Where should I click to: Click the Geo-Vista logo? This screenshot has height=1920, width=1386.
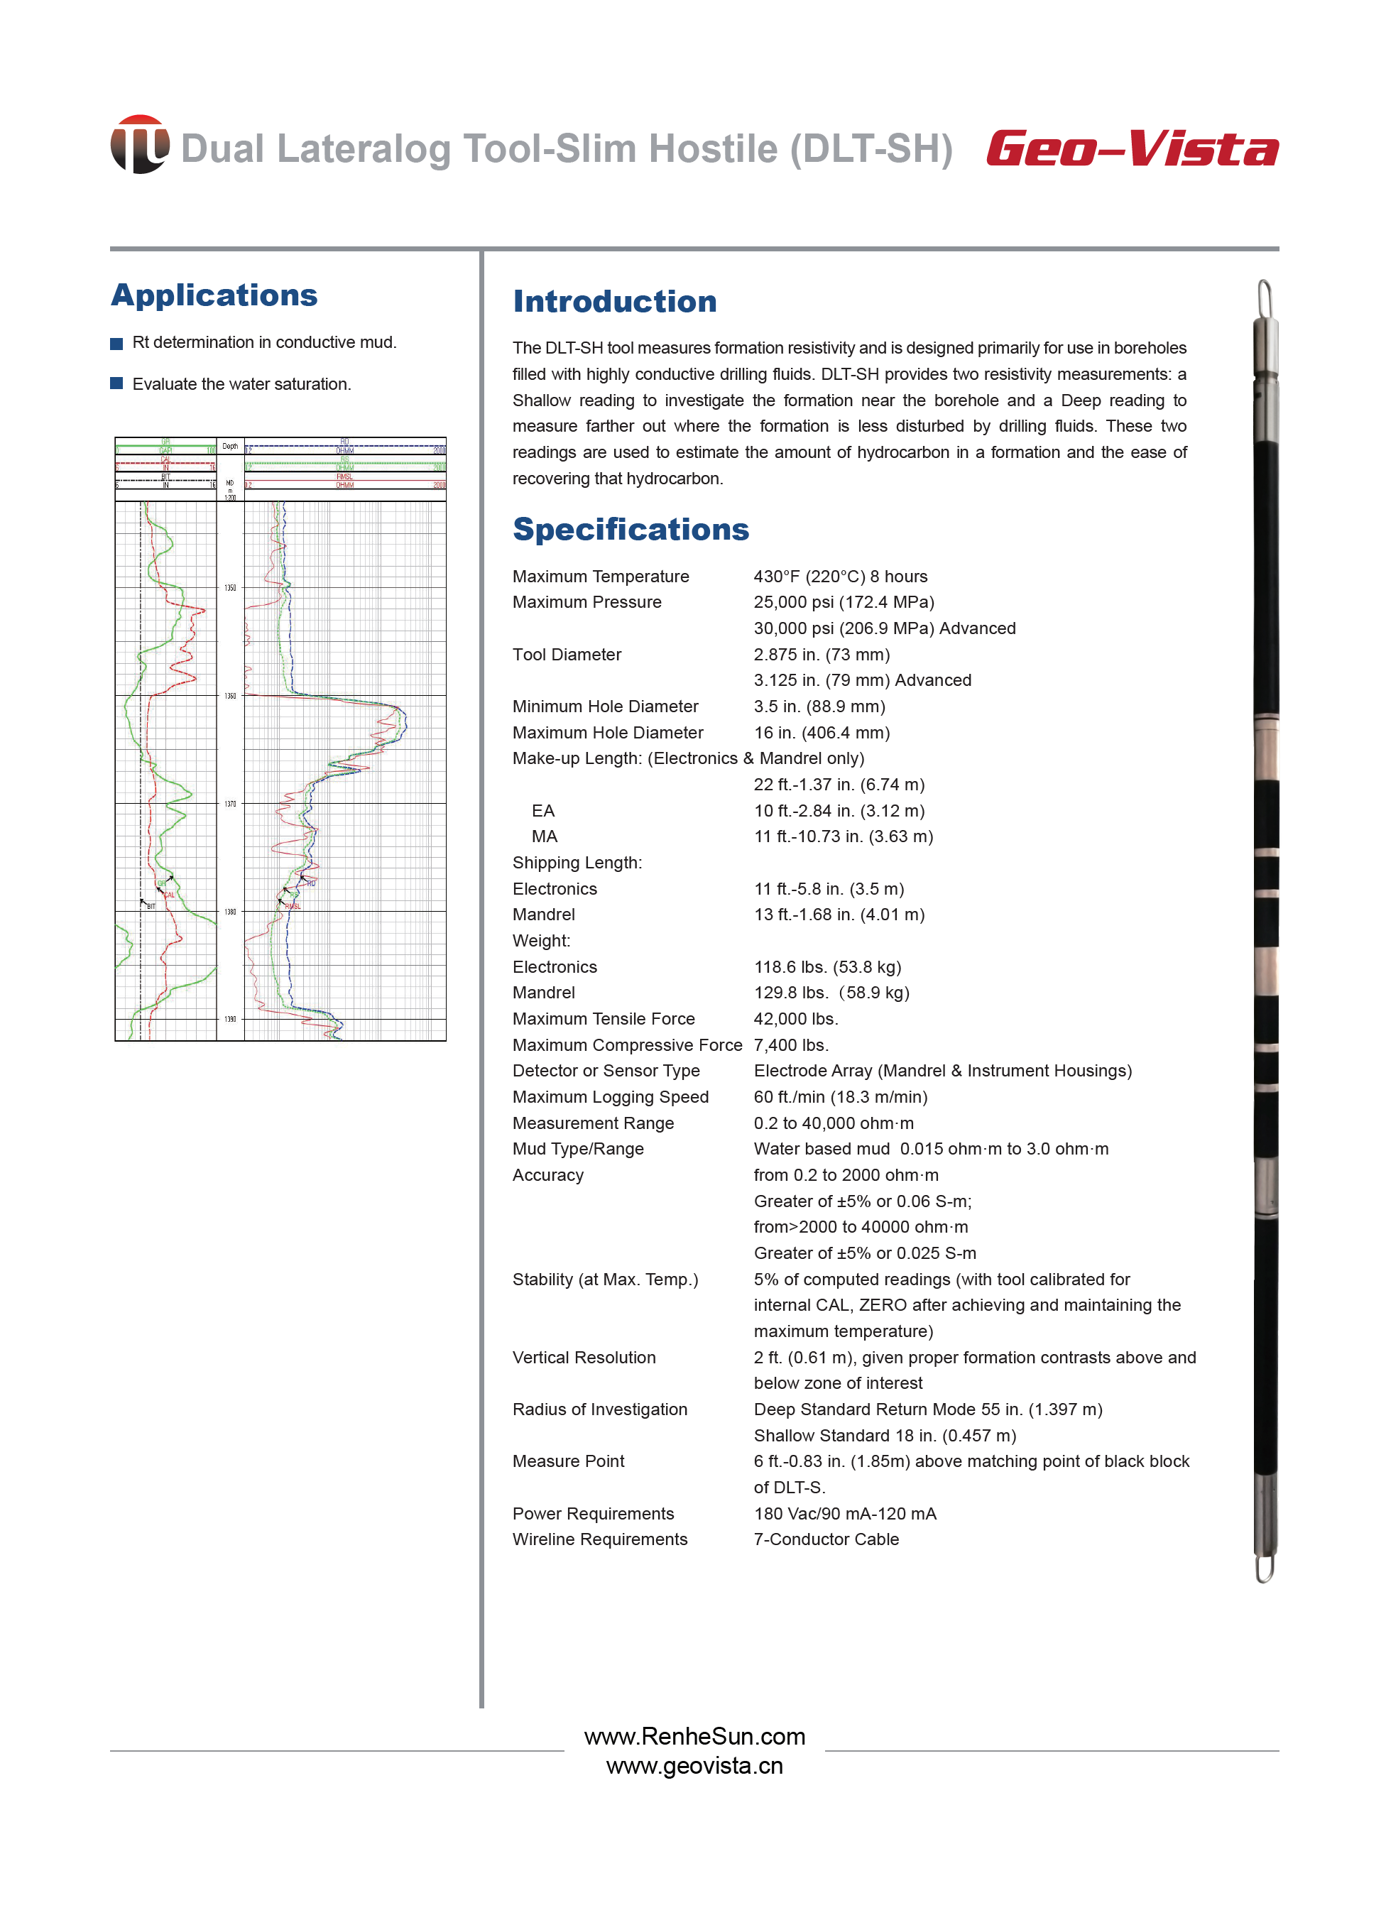pos(1131,148)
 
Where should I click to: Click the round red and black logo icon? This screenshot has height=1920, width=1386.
pos(139,145)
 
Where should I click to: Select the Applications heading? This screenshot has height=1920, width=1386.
pos(214,295)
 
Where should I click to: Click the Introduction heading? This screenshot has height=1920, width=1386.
pos(615,301)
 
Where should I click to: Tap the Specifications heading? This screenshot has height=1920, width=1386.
pos(631,529)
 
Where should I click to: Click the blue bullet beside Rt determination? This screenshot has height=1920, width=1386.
pos(117,343)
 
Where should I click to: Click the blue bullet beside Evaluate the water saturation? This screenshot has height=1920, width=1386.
pos(117,383)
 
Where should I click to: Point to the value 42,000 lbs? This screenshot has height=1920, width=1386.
pos(795,1018)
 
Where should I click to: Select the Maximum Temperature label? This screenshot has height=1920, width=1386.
pos(600,577)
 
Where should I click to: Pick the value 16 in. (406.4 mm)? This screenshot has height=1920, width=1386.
pos(822,732)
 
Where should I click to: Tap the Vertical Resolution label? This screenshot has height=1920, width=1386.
pos(584,1357)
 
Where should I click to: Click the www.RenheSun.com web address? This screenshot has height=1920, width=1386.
pos(694,1736)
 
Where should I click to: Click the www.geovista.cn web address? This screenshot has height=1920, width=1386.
pos(694,1766)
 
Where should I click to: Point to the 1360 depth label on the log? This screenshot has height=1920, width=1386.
pos(230,696)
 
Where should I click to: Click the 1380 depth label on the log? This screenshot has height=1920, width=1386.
pos(230,912)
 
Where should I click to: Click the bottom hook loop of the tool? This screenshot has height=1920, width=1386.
pos(1264,1568)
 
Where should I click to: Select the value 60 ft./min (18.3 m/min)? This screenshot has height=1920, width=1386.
pos(840,1097)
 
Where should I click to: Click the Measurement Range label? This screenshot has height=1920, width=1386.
pos(593,1123)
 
